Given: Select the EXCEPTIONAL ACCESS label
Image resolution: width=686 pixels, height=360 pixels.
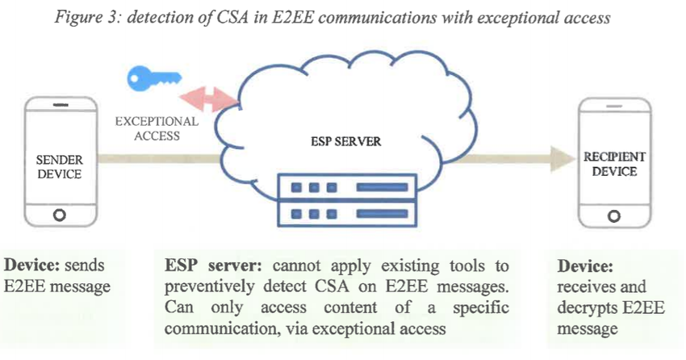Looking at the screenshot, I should pos(157,128).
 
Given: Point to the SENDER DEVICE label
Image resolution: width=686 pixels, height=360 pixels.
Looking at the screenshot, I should pos(59,167).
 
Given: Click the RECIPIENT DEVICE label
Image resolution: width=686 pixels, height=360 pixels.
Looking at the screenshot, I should pos(616,164).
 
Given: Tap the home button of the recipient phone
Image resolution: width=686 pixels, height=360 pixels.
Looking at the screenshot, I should pos(615,216).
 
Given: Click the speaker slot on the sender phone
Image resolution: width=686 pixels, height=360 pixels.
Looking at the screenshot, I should pos(59,106).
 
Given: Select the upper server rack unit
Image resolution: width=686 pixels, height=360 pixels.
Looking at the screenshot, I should pos(347,186).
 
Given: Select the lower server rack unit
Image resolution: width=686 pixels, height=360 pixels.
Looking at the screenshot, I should pos(347,214).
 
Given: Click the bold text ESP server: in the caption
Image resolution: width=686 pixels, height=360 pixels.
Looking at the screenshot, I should pos(205,266).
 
